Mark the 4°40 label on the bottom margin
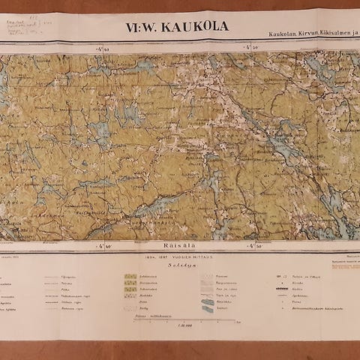[103, 245]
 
